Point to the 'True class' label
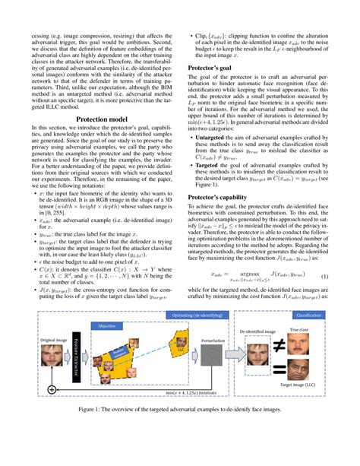[315, 331]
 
